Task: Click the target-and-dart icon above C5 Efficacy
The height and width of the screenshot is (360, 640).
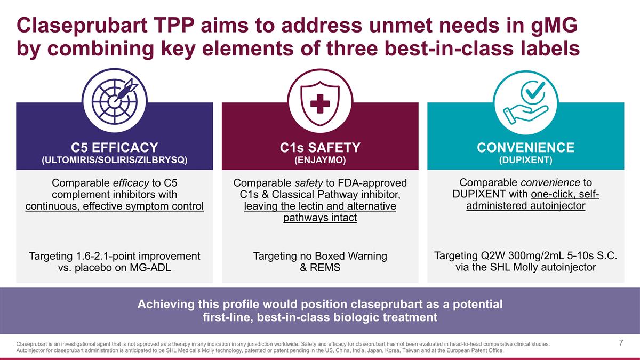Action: pos(115,101)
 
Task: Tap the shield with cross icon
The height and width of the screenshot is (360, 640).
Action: pos(320,101)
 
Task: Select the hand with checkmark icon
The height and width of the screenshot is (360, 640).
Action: pos(525,101)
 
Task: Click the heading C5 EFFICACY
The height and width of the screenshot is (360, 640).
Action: pos(115,147)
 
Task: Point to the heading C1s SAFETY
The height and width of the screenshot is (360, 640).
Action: pos(320,147)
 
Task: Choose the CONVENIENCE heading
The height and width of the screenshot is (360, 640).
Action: pos(525,147)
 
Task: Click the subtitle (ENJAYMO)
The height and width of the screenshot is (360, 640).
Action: pos(320,160)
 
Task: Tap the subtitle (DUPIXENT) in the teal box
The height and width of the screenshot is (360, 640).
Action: pos(525,160)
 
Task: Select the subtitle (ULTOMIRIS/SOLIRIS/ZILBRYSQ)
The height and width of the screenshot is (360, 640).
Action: pos(115,160)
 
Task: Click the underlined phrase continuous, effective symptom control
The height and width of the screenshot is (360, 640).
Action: pos(115,206)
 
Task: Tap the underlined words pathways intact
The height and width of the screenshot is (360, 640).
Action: pos(320,218)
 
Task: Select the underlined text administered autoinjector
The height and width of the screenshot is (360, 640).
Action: pos(525,206)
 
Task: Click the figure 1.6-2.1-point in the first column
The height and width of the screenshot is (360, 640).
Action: pos(106,256)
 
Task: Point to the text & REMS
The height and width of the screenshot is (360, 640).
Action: pos(320,268)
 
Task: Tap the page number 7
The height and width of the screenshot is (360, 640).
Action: pos(621,343)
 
